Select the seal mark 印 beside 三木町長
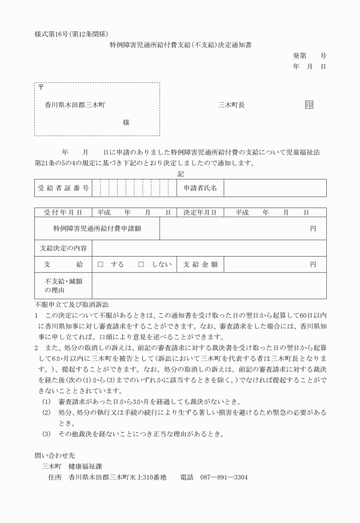point(309,105)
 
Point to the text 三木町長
point(231,105)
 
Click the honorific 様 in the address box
point(126,122)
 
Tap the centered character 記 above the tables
point(181,173)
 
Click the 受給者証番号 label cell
point(63,187)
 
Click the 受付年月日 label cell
point(63,213)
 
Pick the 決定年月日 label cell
point(200,213)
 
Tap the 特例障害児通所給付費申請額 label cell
point(97,229)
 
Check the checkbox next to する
point(100,265)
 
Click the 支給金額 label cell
point(200,265)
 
